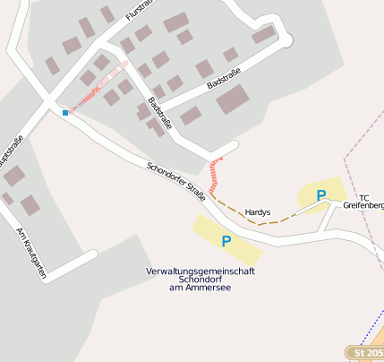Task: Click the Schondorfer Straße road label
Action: click(176, 180)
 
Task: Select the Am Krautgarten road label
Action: click(30, 254)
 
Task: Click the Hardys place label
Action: click(258, 212)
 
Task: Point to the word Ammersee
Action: click(212, 287)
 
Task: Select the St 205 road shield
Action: click(366, 353)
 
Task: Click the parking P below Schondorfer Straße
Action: click(226, 240)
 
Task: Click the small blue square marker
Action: click(65, 113)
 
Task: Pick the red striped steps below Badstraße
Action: click(214, 174)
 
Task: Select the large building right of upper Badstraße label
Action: click(235, 99)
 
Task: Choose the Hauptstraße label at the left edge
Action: click(12, 158)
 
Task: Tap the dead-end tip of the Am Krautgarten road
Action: click(92, 254)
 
